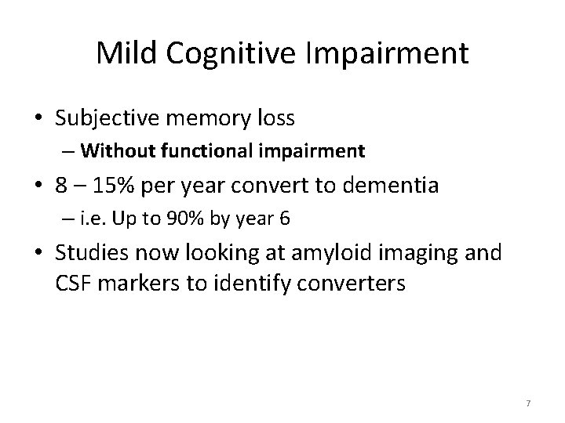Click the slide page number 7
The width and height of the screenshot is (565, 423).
(x=528, y=403)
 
